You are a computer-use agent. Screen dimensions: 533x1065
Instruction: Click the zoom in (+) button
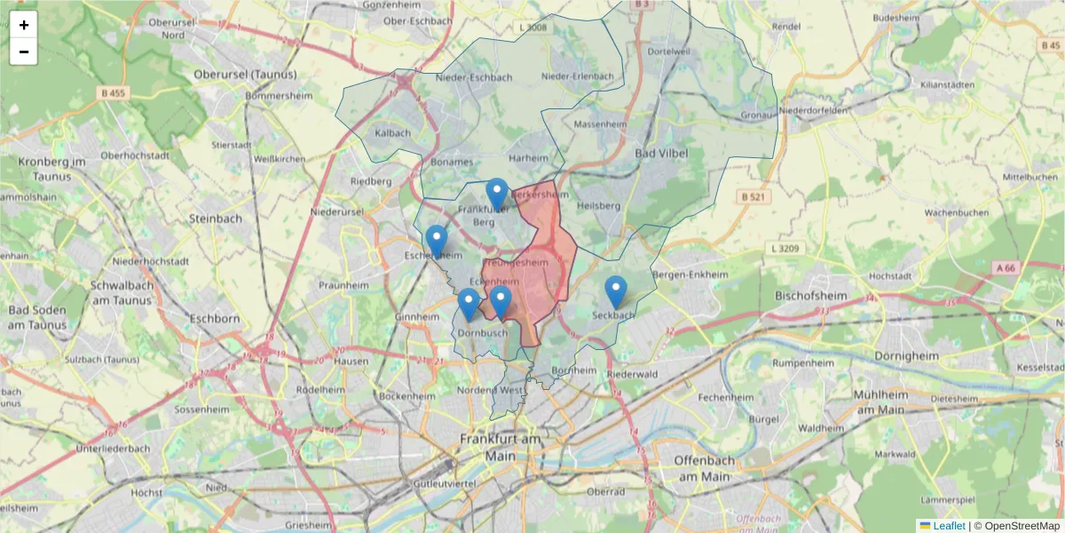(24, 25)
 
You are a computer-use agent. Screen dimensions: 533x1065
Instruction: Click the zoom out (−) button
(24, 52)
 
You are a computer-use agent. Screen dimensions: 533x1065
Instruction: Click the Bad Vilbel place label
(661, 153)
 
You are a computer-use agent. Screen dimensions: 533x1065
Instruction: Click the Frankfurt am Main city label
(501, 447)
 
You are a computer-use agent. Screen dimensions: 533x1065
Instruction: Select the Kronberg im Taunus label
(52, 169)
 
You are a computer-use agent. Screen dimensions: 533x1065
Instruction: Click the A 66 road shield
(1005, 267)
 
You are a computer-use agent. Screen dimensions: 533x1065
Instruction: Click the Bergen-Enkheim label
(690, 275)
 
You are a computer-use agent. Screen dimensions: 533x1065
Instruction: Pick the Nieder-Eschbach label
(474, 77)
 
